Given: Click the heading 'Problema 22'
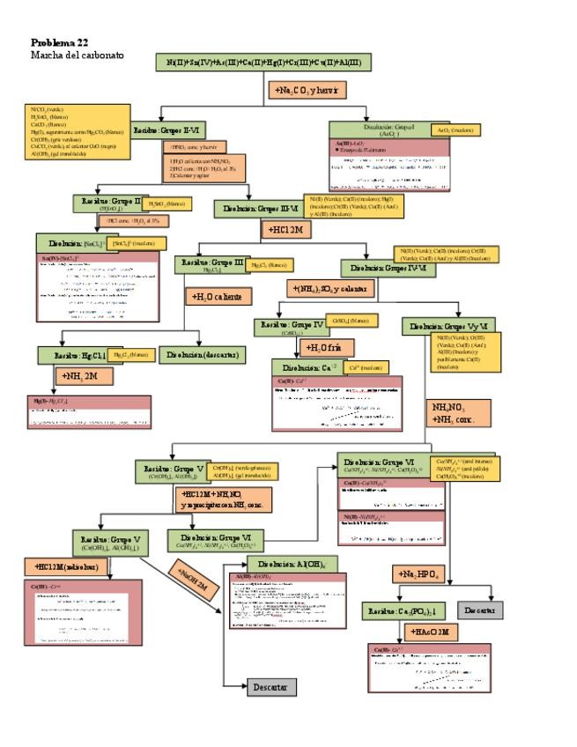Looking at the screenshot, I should pos(59,42).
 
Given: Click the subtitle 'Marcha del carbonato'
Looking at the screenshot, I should pos(78,55).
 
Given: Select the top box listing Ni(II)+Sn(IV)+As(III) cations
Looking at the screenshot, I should pos(263,63).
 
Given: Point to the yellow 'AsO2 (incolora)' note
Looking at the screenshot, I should pos(454,130).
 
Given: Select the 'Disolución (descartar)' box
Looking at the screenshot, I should pos(201,355).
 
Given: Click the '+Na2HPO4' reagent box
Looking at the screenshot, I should pos(417,574).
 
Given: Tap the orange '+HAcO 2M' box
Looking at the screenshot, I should pos(429,632).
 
